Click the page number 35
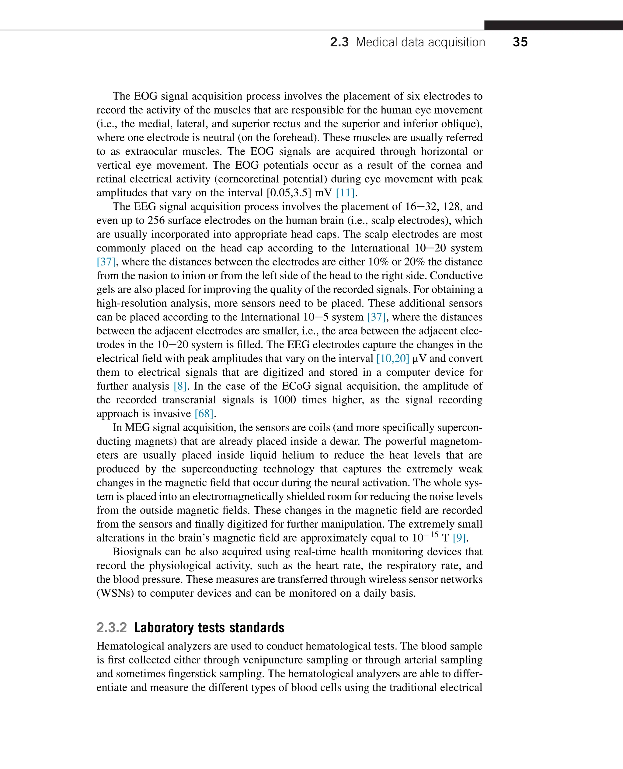tap(520, 42)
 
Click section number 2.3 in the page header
tap(339, 42)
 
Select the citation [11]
tap(345, 193)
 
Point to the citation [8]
tap(180, 386)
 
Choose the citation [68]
tap(204, 414)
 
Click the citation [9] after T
tap(459, 538)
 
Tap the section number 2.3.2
tap(112, 628)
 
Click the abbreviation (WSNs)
tap(115, 593)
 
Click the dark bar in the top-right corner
tap(553, 25)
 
